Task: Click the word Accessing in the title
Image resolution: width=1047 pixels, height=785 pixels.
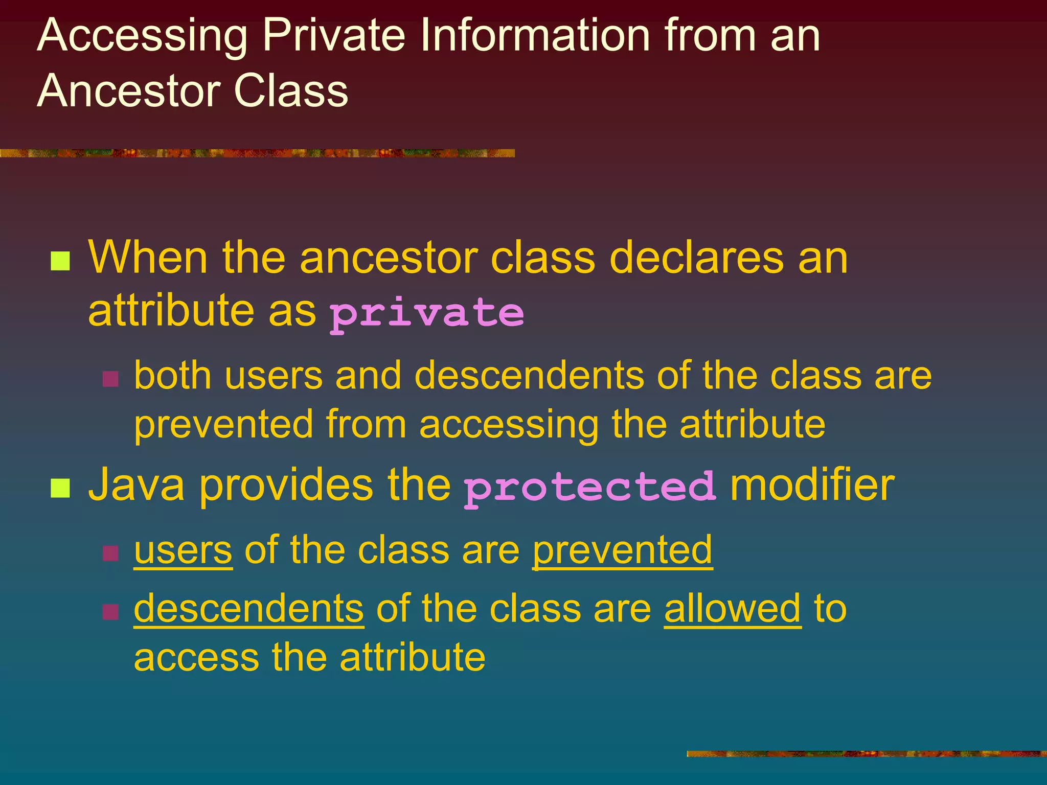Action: (142, 36)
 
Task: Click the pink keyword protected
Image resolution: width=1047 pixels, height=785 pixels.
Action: (589, 487)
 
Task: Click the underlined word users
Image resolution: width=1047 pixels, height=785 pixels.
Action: (183, 550)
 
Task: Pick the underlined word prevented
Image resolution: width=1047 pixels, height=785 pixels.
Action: (622, 550)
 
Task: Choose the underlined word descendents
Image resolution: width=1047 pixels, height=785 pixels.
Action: (249, 609)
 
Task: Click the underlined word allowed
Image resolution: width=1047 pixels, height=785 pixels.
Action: (732, 609)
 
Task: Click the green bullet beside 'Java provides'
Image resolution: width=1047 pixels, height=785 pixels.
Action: (60, 488)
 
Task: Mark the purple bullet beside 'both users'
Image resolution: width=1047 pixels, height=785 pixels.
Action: (110, 379)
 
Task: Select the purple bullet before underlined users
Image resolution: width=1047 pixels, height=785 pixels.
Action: (110, 553)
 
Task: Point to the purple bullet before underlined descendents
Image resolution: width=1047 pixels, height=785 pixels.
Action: (110, 611)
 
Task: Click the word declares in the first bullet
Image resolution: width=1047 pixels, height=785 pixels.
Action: (696, 258)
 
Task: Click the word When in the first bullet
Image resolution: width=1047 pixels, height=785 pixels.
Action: (148, 258)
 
